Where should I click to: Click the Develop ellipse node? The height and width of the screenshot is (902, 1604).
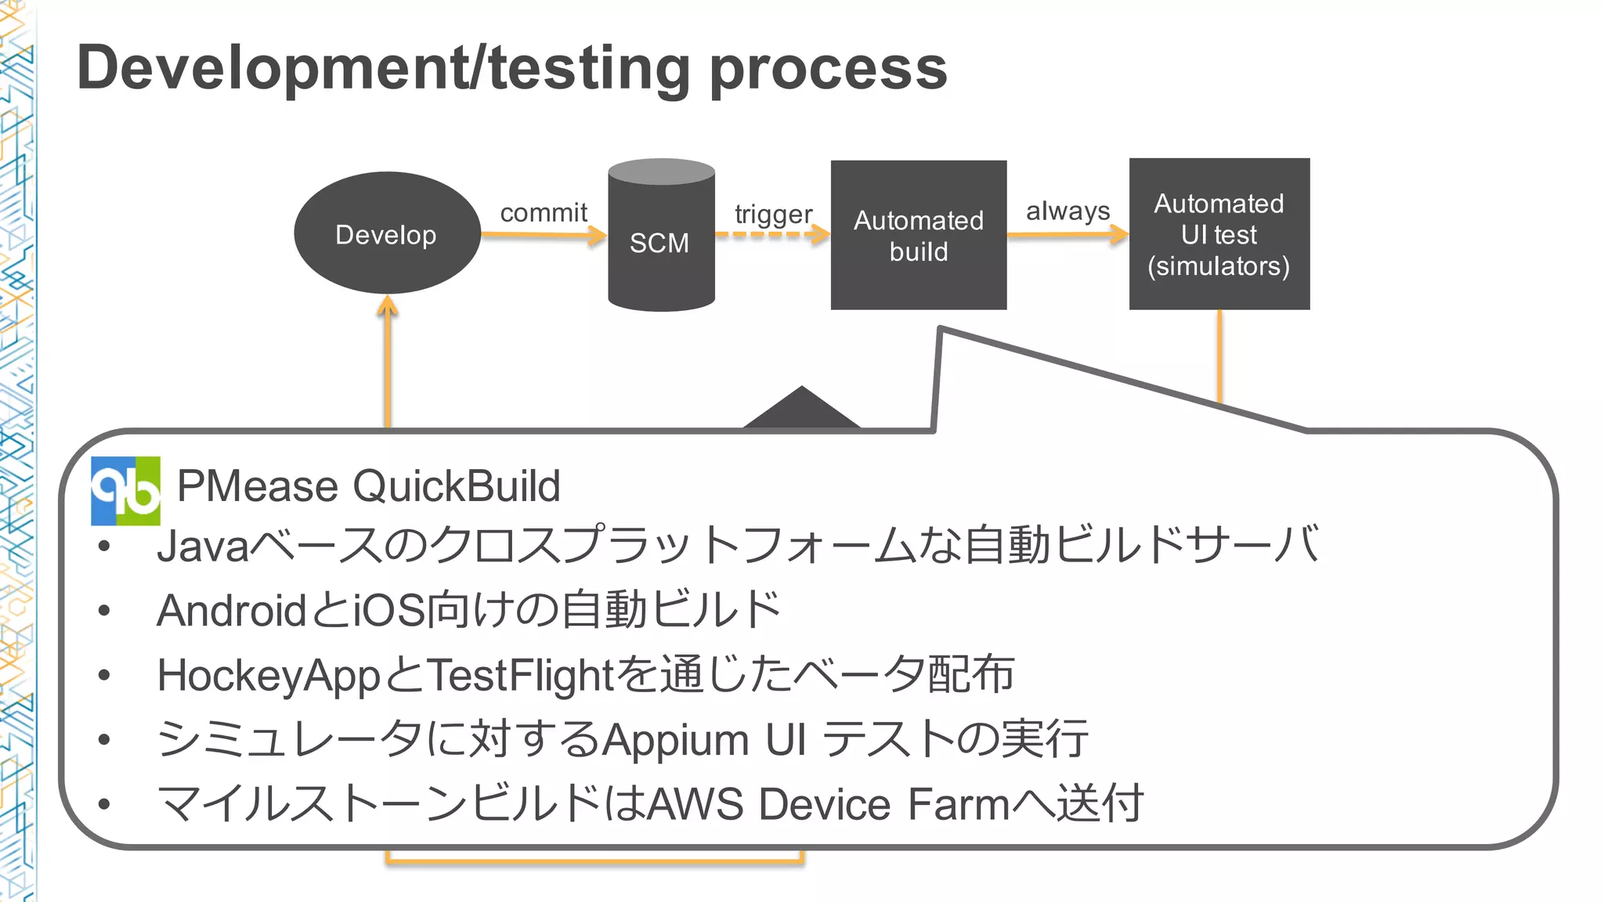[x=387, y=233]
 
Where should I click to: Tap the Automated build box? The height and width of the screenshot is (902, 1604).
[x=918, y=235]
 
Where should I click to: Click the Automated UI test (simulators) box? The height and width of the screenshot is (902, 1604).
[x=1219, y=234]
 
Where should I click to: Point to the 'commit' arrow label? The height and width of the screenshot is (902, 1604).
[x=544, y=212]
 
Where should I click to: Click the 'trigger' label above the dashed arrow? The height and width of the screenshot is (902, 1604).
[x=773, y=214]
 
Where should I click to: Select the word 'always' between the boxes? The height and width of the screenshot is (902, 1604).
[x=1068, y=211]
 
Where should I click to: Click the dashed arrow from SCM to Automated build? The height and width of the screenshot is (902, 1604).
[x=771, y=234]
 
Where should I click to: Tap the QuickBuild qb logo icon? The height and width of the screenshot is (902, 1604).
[x=125, y=491]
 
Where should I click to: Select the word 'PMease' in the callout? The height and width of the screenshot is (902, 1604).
[x=258, y=486]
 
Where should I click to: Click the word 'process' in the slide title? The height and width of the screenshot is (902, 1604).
[x=828, y=69]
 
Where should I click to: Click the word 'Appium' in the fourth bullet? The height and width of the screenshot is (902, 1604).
[x=675, y=740]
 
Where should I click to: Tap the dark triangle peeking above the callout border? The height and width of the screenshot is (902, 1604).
[x=801, y=410]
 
